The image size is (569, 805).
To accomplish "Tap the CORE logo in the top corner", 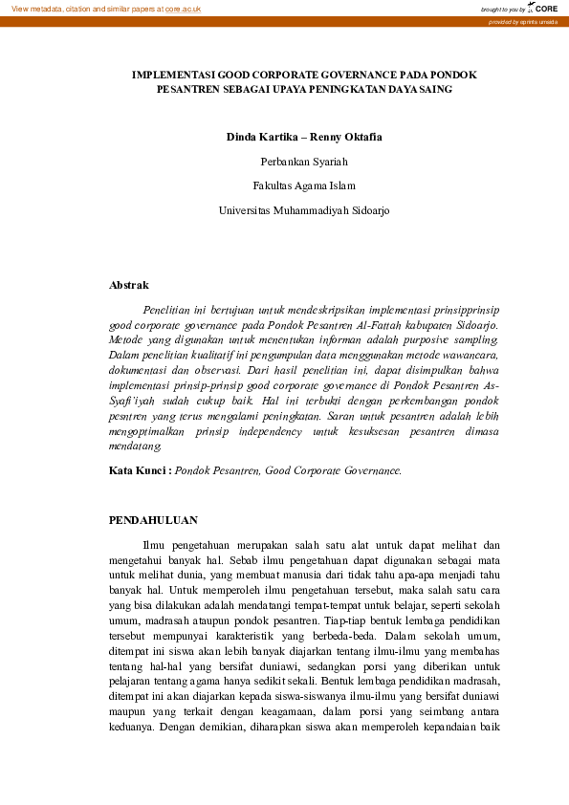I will coord(545,8).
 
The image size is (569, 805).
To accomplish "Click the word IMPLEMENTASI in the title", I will coord(173,74).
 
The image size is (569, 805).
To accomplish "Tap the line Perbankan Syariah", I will coord(304,162).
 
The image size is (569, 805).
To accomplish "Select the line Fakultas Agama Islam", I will coord(304,185).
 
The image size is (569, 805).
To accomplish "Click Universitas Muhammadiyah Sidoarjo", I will coord(304,210).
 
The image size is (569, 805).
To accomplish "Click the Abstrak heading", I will coord(129,285).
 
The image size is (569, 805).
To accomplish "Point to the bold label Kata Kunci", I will coord(140,470).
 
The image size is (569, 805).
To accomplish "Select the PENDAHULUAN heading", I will coord(153,520).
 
